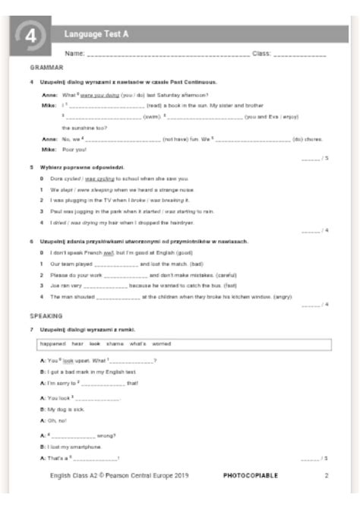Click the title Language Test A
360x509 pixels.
tap(96, 33)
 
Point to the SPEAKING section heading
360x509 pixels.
tap(46, 315)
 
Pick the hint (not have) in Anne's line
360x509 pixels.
tap(177, 139)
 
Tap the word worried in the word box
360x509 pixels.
tap(161, 343)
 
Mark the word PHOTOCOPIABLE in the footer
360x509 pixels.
tap(251, 476)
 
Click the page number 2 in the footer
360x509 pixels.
tap(327, 476)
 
